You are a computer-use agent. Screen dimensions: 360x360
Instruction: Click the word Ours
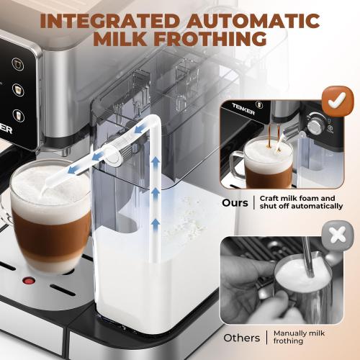(x=234, y=203)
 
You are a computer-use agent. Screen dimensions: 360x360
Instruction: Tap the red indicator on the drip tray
(x=30, y=280)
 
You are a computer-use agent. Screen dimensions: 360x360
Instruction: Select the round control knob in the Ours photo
(x=315, y=127)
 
